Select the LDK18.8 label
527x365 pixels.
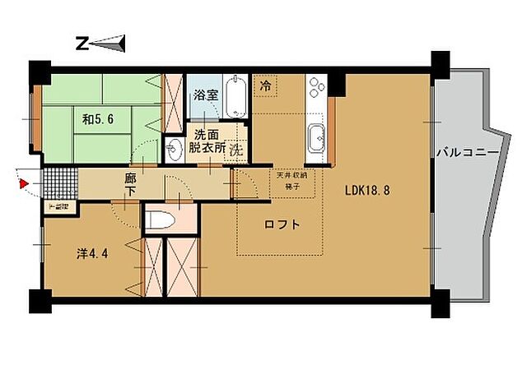368,190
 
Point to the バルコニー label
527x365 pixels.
466,153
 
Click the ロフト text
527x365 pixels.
282,224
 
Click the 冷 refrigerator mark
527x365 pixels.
266,85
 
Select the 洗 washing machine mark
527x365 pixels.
236,150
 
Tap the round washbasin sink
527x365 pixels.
175,149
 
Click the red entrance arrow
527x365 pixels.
24,183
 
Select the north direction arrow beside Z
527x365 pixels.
112,43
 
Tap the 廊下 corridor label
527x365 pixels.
130,183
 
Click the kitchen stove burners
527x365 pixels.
316,86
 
